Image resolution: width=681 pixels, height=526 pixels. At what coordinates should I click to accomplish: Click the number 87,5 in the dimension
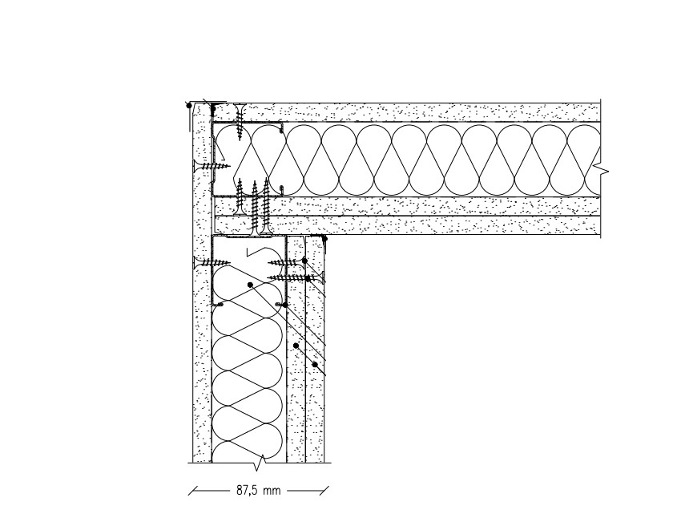click(246, 491)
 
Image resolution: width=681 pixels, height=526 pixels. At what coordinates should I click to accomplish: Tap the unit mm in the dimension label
click(272, 491)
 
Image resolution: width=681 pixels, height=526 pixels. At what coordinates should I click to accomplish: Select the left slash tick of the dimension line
click(194, 491)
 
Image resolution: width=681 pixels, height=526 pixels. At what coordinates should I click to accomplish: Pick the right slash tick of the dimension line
click(323, 491)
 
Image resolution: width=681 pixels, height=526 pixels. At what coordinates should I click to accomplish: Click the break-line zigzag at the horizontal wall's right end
click(604, 170)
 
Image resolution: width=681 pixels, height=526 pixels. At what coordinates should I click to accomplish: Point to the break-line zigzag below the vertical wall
click(260, 463)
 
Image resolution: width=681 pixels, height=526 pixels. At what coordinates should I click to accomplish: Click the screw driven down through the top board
click(240, 118)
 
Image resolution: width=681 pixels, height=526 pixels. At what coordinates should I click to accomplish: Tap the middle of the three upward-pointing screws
click(255, 204)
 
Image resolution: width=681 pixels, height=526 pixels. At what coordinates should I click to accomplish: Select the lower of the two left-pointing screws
click(296, 277)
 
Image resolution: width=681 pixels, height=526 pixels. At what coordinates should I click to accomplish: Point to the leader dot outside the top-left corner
click(188, 104)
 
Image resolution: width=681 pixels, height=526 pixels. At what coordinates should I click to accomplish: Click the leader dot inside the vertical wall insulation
click(250, 285)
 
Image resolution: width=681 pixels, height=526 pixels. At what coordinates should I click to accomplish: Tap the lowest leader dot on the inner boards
click(316, 365)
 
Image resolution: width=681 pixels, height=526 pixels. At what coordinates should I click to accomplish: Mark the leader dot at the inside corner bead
click(324, 238)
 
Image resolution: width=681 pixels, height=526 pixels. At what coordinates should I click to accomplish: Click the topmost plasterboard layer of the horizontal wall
click(417, 111)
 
